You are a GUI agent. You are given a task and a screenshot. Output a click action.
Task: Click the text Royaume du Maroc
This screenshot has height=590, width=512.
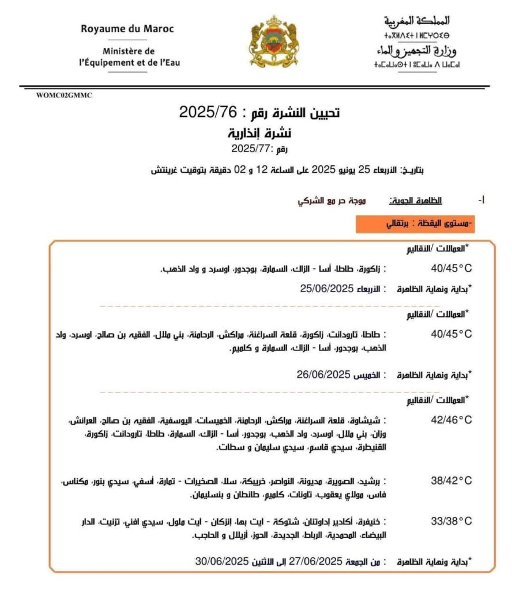pyautogui.click(x=127, y=28)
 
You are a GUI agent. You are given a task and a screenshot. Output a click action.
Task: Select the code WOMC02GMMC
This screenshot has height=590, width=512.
pyautogui.click(x=63, y=96)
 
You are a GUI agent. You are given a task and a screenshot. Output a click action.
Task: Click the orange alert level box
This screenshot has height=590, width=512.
pyautogui.click(x=415, y=224)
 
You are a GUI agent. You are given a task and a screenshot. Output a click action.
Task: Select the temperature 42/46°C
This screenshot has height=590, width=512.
pyautogui.click(x=451, y=420)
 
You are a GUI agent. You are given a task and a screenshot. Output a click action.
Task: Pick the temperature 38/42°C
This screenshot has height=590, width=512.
pyautogui.click(x=451, y=481)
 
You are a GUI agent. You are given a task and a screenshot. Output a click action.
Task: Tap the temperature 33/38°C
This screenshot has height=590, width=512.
pyautogui.click(x=451, y=521)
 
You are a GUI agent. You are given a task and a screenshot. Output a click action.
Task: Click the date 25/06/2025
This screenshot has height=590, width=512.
pyautogui.click(x=326, y=288)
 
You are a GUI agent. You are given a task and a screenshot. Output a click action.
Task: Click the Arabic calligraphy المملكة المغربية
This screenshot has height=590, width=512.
pyautogui.click(x=417, y=21)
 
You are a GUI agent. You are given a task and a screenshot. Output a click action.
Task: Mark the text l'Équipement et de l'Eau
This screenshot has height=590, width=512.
pyautogui.click(x=129, y=62)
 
